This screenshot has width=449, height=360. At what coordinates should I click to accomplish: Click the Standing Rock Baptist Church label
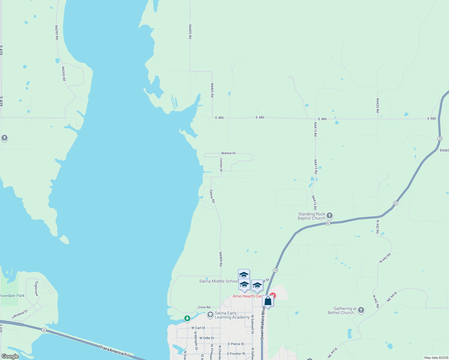pos(311,216)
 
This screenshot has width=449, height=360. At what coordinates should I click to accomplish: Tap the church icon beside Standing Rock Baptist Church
pos(330,215)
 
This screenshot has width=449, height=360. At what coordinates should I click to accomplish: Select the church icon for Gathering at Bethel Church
pos(361,310)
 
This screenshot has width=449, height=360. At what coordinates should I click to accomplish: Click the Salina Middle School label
pos(218,281)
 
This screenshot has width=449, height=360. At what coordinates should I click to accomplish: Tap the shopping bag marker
pos(268,301)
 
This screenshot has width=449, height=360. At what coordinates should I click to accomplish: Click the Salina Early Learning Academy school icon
pos(210,315)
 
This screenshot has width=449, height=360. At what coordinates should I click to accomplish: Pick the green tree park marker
pos(187,318)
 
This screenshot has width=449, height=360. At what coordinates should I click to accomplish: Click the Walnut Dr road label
pos(228,153)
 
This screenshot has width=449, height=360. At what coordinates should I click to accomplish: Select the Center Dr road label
pos(221,165)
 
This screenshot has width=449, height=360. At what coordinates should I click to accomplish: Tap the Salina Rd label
pos(212,196)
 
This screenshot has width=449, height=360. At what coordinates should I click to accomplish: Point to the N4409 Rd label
pos(221,259)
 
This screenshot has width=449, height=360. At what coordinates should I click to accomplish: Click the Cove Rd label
pos(204,307)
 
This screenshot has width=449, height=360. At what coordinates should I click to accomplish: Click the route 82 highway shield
pos(328,223)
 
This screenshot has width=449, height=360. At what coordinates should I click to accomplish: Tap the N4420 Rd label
pos(378,106)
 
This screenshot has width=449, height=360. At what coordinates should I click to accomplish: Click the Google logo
pos(10,356)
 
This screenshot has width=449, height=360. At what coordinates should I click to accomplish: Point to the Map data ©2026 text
pos(436,358)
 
